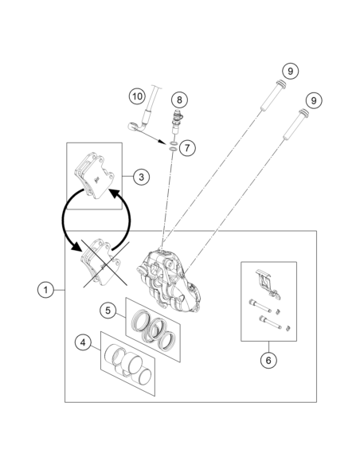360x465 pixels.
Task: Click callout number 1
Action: [45, 290]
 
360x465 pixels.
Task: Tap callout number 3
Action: [141, 177]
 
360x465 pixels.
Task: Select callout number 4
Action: [83, 342]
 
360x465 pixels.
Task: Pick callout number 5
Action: [108, 311]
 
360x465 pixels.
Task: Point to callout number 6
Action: [268, 360]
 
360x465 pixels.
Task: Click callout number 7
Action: [187, 147]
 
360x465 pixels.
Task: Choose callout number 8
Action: [179, 100]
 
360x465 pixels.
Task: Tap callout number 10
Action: [137, 96]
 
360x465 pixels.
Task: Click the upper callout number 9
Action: [290, 71]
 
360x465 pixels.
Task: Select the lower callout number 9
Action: [314, 100]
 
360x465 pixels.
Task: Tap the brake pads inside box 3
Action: [94, 175]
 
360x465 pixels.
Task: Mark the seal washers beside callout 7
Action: [173, 147]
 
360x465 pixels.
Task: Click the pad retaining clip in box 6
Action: [268, 283]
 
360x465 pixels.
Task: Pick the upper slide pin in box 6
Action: [260, 306]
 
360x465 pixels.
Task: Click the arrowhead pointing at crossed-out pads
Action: [76, 244]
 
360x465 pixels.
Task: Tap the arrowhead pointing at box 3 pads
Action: [115, 194]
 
